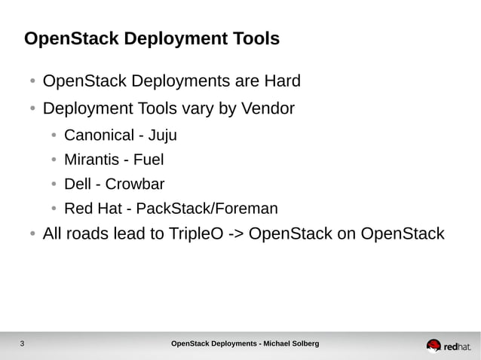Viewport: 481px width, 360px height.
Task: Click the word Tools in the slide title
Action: [x=255, y=38]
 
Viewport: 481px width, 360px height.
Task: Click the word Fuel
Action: [x=149, y=160]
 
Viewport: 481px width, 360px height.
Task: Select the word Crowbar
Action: [x=134, y=185]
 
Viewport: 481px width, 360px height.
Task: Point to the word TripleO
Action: [x=193, y=234]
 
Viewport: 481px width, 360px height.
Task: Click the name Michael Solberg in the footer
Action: [x=291, y=344]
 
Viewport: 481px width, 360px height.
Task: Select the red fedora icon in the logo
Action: [x=434, y=345]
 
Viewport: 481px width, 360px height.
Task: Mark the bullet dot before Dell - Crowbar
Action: [x=54, y=185]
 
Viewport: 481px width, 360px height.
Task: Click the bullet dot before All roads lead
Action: [x=32, y=234]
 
